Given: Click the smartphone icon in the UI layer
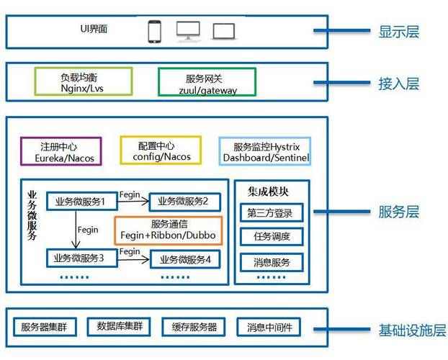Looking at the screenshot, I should tap(154, 32).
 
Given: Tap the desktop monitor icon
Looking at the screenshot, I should tap(189, 31).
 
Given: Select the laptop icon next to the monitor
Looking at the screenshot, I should tap(224, 32).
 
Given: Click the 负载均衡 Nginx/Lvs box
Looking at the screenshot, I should tap(84, 81).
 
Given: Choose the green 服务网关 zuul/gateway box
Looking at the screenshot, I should tap(207, 82).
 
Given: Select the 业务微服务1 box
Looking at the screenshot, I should tap(81, 202).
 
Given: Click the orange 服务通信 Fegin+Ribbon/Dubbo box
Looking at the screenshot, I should tap(169, 230).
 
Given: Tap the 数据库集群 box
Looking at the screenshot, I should tap(120, 327).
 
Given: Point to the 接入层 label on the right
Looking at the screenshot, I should tap(398, 84).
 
